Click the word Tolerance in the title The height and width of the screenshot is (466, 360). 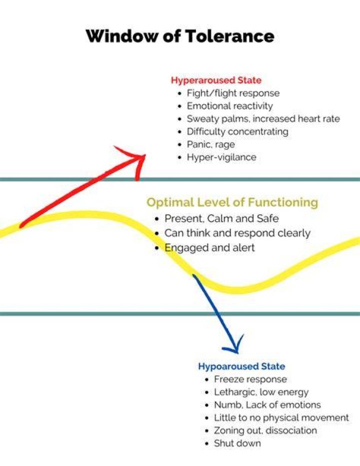click(229, 36)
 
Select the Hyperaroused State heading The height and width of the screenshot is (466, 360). click(216, 80)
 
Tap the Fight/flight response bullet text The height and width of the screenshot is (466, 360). click(233, 93)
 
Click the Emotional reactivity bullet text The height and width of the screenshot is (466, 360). click(229, 106)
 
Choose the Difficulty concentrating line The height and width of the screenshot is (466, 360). click(237, 132)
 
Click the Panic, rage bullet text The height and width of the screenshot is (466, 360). click(210, 145)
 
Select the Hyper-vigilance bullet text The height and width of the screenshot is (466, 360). click(221, 157)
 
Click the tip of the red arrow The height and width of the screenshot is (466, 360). click(145, 155)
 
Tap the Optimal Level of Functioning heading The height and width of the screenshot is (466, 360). click(232, 202)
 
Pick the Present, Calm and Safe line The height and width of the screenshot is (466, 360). click(221, 218)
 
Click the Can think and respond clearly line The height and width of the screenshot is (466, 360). click(237, 233)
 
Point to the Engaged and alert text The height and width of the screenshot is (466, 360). click(209, 248)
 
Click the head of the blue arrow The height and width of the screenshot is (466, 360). click(237, 353)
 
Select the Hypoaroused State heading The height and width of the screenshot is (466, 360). click(241, 366)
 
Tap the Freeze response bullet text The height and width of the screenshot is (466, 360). click(250, 379)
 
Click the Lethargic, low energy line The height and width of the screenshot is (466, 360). click(261, 392)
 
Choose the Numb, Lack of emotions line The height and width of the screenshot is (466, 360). click(267, 405)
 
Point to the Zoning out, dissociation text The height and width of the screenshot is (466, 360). click(265, 430)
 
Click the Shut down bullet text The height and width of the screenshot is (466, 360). click(237, 443)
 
